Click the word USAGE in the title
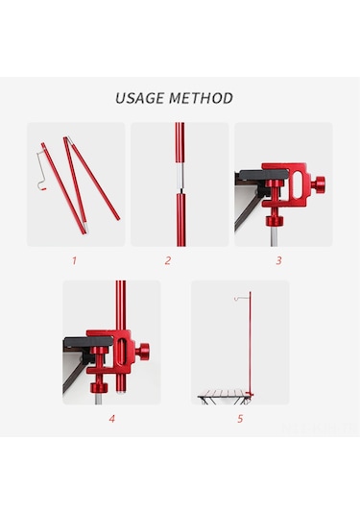coord(139,98)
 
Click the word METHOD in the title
coord(202,98)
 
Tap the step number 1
coord(74,260)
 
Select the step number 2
coord(168,260)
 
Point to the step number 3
coord(278,260)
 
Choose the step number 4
coord(112,419)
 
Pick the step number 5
coord(240,419)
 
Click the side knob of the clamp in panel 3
coord(318,184)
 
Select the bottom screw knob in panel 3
coord(275,221)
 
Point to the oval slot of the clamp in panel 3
coord(297,185)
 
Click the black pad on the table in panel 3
coord(263,175)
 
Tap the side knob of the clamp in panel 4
coord(142,352)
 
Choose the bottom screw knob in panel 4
coord(99,387)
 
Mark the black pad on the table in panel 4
coord(88,342)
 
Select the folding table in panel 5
coord(224,397)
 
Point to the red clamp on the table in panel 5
coord(251,395)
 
